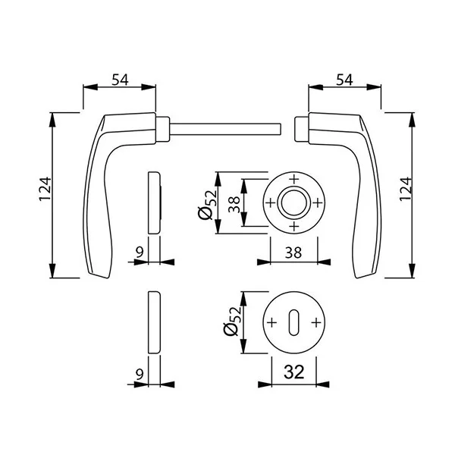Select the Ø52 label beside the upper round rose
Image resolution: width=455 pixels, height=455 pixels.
207,204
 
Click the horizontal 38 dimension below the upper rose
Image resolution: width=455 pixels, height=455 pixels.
294,253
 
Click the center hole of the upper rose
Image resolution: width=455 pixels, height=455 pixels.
293,202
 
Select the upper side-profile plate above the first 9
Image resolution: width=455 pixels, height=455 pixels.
155,202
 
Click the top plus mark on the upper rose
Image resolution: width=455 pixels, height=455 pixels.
293,179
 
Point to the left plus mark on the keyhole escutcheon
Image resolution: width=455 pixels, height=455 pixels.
271,322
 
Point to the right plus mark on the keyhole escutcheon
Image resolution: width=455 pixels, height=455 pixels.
316,322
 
